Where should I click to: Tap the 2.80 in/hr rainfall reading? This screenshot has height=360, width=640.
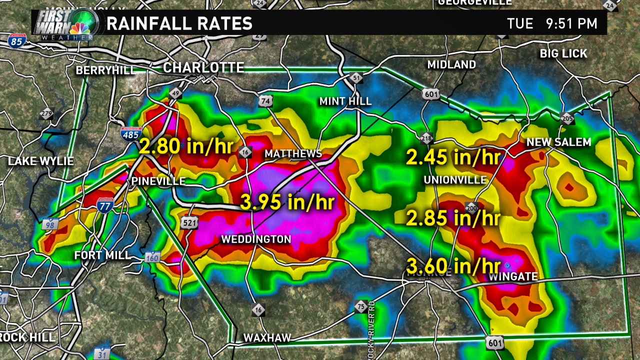[x=186, y=146]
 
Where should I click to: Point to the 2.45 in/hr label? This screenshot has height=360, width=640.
[x=453, y=157]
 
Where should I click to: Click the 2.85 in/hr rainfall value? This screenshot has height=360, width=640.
[x=453, y=218]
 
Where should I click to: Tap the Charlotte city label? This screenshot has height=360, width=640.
[x=203, y=67]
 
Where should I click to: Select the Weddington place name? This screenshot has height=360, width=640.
[x=256, y=239]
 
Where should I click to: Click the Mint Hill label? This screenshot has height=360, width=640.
[x=345, y=101]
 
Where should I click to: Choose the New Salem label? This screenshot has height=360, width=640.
[x=558, y=142]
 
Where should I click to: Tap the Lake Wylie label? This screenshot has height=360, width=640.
[x=41, y=161]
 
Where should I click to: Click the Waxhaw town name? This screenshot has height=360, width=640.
[x=267, y=338]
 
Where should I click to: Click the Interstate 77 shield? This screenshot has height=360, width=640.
[x=105, y=205]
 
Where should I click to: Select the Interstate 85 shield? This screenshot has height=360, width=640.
[x=16, y=40]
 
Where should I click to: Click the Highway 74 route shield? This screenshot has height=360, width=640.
[x=266, y=101]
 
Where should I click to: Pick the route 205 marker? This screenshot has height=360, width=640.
[x=567, y=118]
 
